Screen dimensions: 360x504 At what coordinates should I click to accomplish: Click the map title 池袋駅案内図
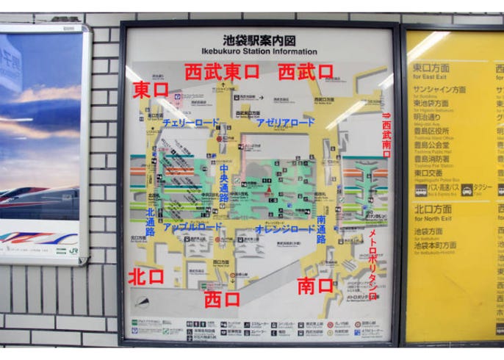tap(259, 40)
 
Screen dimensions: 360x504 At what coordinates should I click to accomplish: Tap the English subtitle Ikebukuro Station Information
tap(259, 51)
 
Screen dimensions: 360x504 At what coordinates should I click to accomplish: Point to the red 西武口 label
tap(306, 72)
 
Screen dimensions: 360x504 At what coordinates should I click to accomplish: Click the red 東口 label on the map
tap(151, 90)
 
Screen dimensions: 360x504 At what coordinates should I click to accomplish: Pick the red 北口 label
tap(146, 276)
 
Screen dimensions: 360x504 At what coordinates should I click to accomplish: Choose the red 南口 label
tap(315, 286)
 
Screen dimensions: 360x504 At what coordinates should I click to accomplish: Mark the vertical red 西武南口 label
tap(386, 136)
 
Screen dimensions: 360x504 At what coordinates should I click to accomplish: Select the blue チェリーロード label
tap(190, 123)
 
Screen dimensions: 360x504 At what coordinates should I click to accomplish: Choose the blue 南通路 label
tap(321, 229)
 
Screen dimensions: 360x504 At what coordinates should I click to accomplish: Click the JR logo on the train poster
tap(73, 251)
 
